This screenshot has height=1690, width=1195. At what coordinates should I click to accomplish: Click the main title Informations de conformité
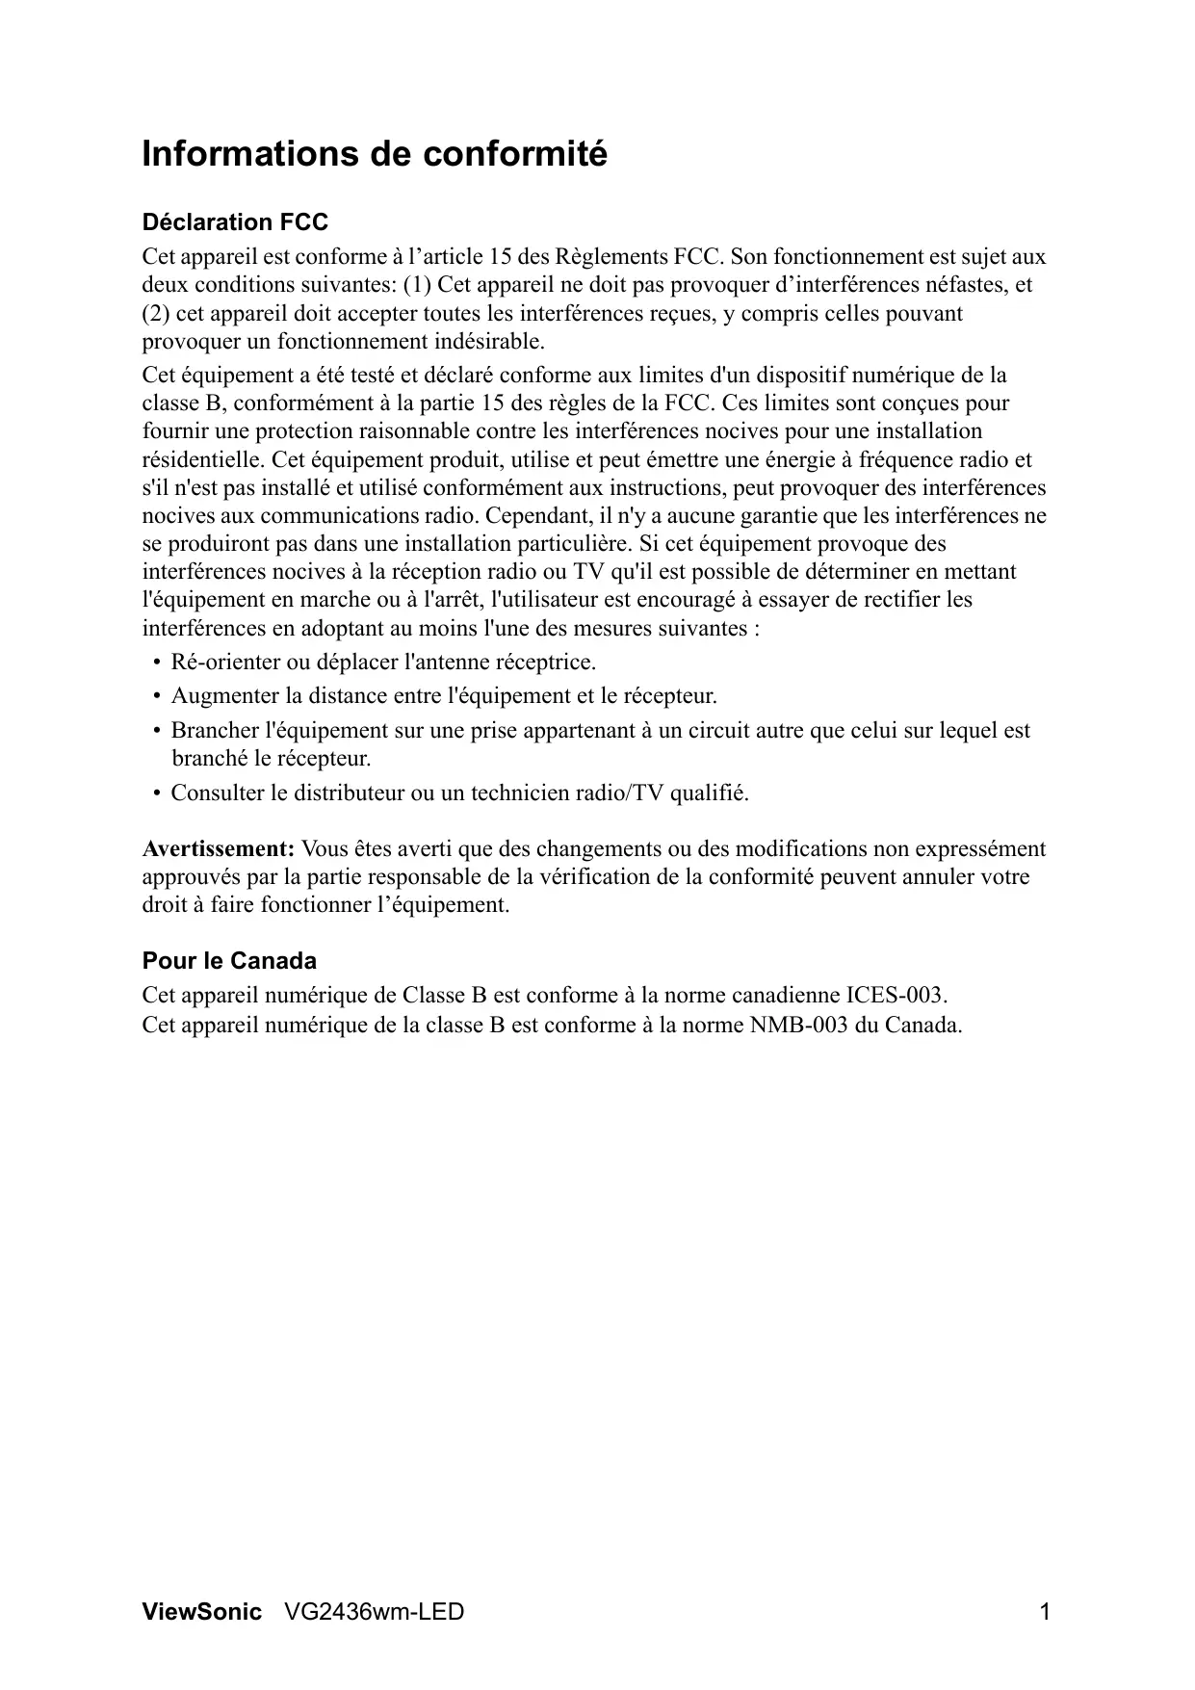tap(375, 154)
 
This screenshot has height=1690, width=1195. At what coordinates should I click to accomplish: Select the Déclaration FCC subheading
tap(235, 222)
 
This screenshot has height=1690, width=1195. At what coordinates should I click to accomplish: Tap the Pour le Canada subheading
tap(229, 961)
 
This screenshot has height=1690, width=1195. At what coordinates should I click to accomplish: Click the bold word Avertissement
tap(218, 849)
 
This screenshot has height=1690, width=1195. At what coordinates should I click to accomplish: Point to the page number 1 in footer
tap(1044, 1611)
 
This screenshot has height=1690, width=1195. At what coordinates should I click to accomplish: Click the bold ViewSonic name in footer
tap(201, 1611)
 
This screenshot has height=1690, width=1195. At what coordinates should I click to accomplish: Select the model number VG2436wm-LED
tap(375, 1611)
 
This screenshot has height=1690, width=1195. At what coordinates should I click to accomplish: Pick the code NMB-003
tap(798, 1024)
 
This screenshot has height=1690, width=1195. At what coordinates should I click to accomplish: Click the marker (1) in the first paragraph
tap(417, 285)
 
